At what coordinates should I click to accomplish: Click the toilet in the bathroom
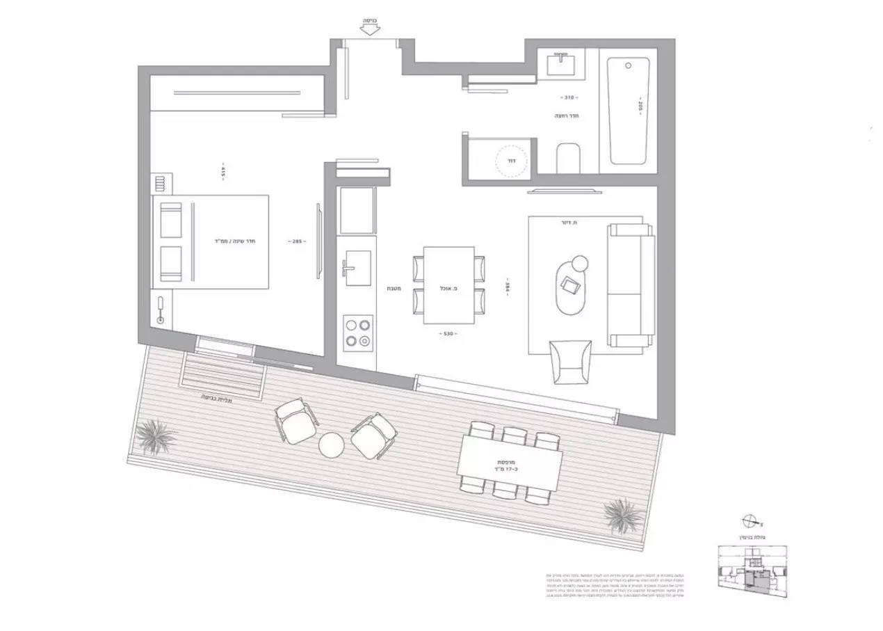tap(568, 158)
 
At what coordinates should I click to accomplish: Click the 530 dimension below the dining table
tap(448, 334)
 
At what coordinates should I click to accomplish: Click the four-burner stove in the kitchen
tap(357, 332)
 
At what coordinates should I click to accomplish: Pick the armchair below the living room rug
tap(571, 360)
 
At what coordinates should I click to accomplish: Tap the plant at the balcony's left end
tap(154, 436)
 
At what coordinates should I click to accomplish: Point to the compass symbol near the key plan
tap(750, 520)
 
